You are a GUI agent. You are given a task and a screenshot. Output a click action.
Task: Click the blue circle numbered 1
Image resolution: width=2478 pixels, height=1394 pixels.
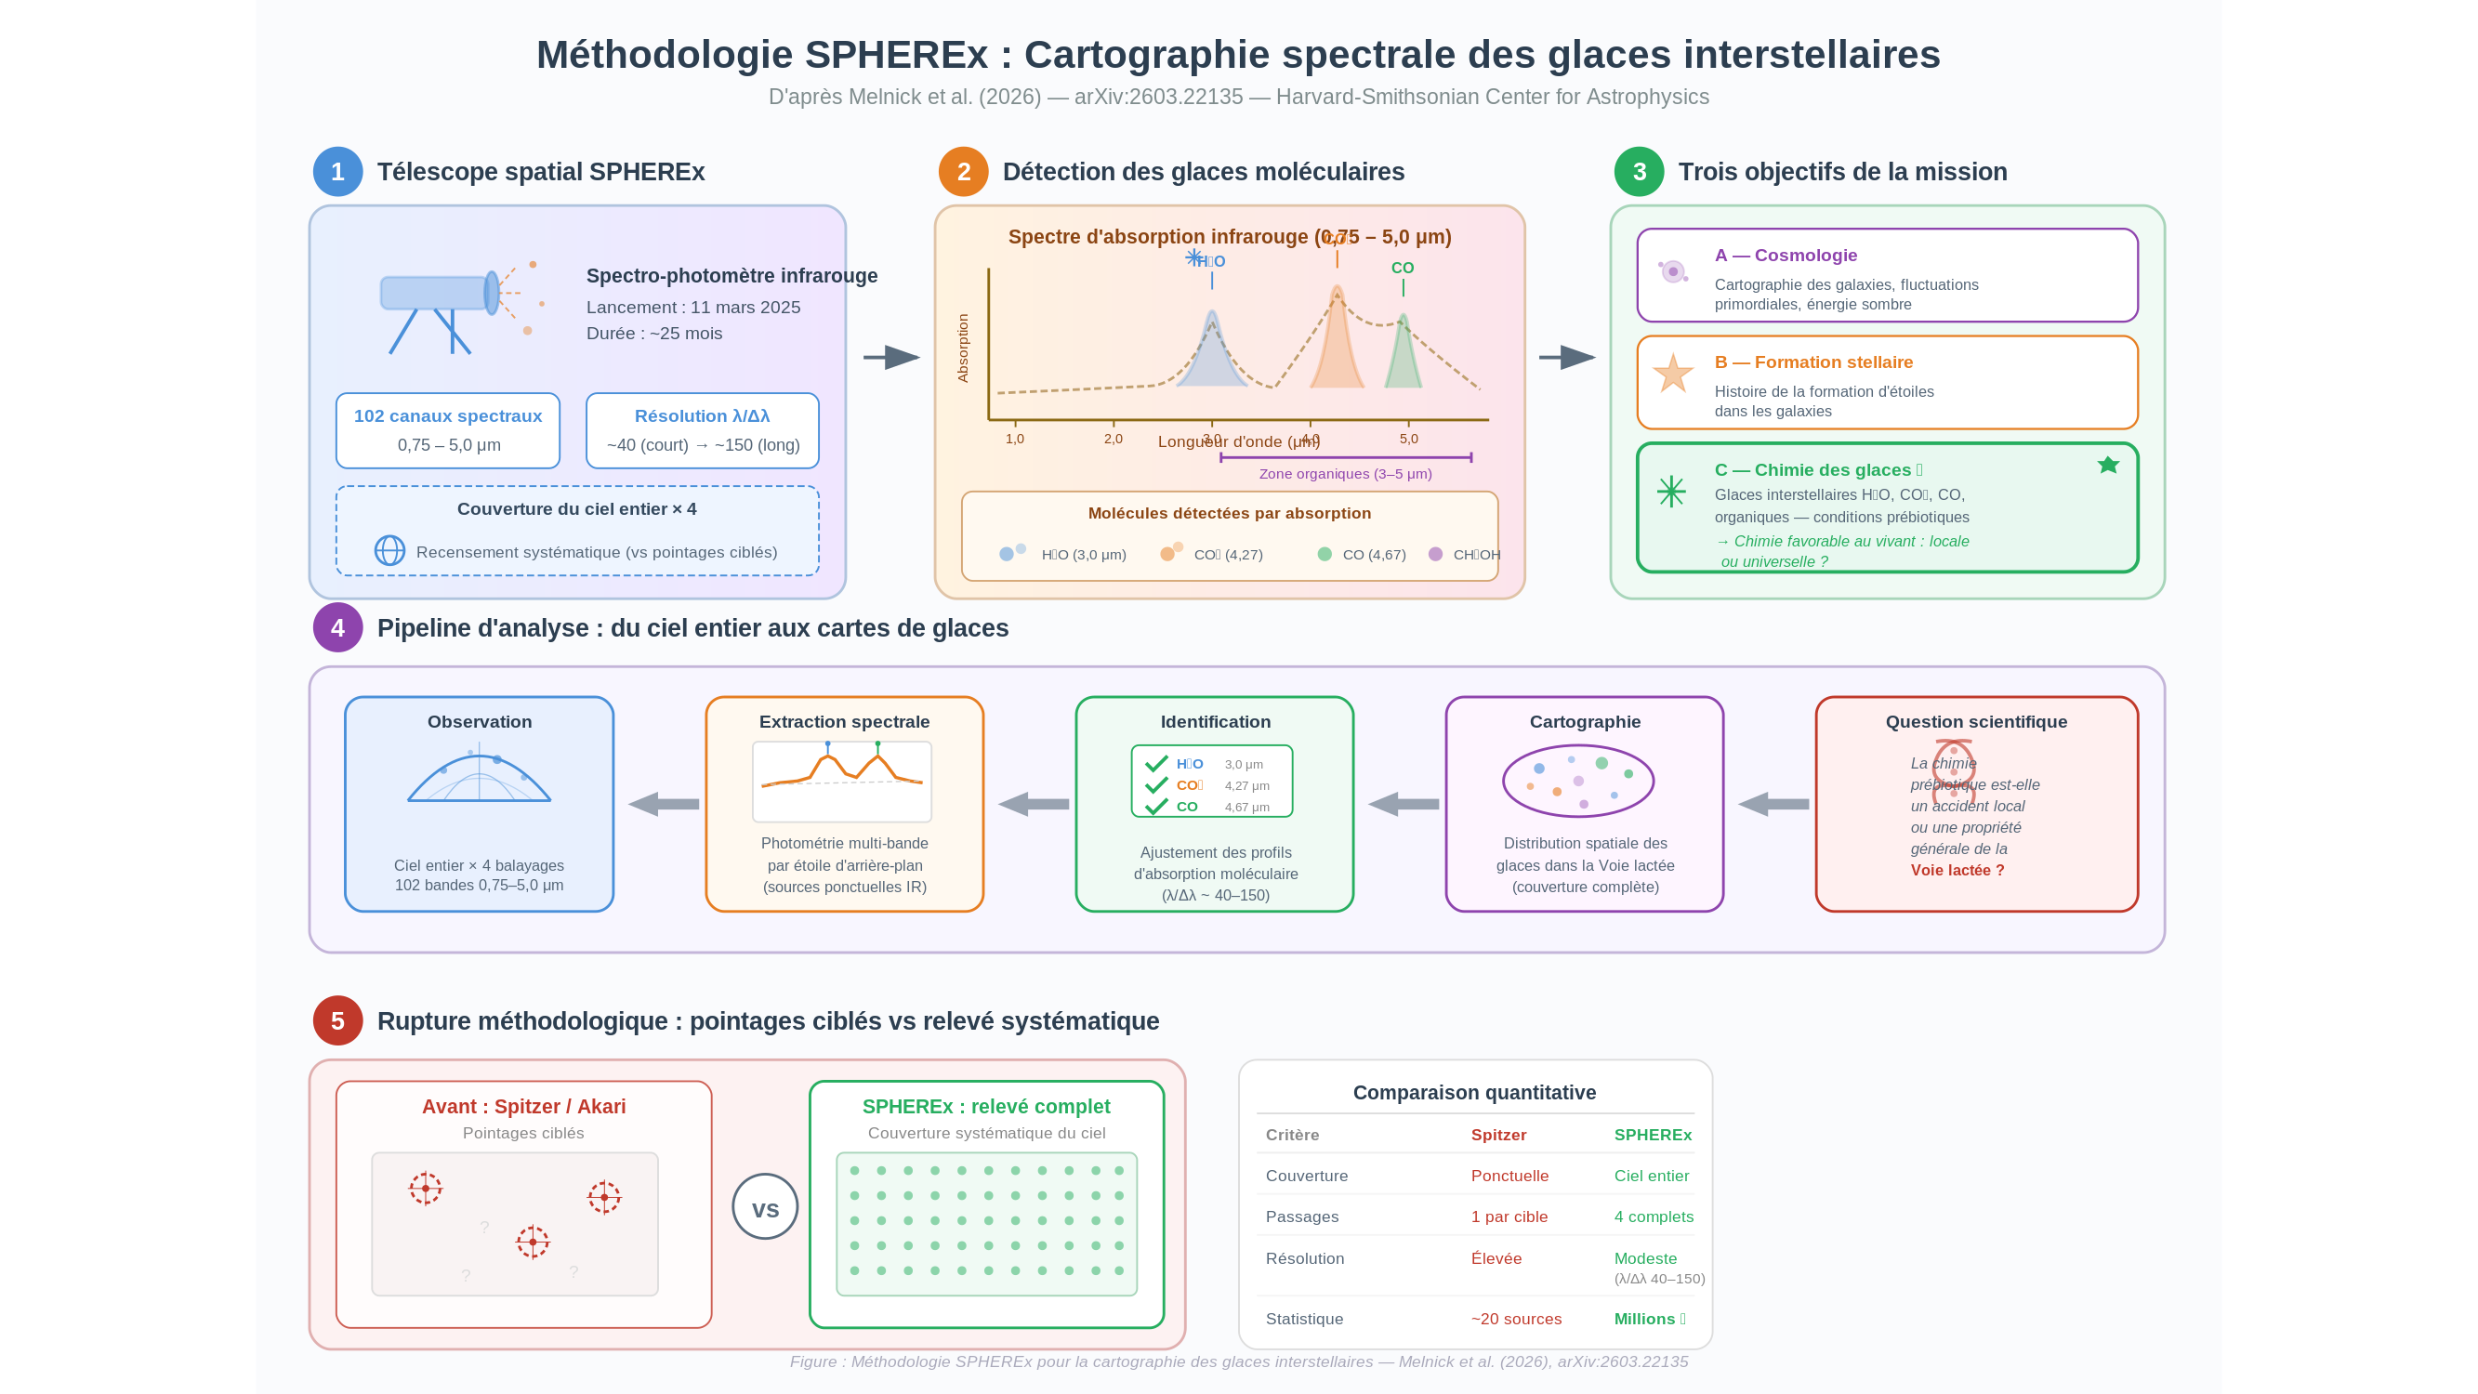pyautogui.click(x=337, y=172)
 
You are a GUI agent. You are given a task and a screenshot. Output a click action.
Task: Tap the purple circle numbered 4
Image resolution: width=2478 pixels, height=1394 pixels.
pyautogui.click(x=337, y=628)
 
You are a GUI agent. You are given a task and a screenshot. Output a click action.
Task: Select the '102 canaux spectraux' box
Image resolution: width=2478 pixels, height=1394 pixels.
pyautogui.click(x=448, y=430)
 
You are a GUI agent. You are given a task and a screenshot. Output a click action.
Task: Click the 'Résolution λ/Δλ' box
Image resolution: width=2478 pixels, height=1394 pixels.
pyautogui.click(x=703, y=430)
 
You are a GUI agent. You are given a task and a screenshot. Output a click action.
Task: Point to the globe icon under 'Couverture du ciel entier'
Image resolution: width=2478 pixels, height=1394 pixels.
pyautogui.click(x=389, y=550)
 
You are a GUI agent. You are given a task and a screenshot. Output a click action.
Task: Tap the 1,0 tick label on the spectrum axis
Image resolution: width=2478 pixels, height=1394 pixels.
pyautogui.click(x=1015, y=439)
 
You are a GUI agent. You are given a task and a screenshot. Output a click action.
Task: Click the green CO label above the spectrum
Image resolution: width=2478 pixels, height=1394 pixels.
pyautogui.click(x=1403, y=269)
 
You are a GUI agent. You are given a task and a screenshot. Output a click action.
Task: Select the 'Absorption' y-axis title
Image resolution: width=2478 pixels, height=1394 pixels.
pyautogui.click(x=963, y=348)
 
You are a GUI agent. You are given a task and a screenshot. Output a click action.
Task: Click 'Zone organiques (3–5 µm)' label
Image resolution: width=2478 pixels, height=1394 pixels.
pyautogui.click(x=1345, y=474)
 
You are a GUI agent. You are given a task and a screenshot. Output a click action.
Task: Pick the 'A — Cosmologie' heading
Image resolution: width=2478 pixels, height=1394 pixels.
pyautogui.click(x=1786, y=256)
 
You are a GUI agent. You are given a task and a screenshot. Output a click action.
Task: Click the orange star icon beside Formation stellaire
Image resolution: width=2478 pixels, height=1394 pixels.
pyautogui.click(x=1673, y=374)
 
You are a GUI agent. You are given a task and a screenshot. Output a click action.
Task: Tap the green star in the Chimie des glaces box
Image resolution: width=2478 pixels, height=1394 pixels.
pyautogui.click(x=2108, y=466)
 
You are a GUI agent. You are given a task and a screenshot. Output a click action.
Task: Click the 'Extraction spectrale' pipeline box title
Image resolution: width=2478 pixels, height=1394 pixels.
pyautogui.click(x=844, y=721)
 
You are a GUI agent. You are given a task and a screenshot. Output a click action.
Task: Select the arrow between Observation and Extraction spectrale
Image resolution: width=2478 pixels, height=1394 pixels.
pyautogui.click(x=664, y=804)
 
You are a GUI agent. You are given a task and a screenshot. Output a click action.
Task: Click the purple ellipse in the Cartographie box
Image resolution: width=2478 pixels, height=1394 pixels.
pyautogui.click(x=1577, y=781)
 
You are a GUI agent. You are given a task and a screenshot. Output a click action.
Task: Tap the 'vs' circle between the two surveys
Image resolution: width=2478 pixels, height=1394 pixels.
pyautogui.click(x=765, y=1206)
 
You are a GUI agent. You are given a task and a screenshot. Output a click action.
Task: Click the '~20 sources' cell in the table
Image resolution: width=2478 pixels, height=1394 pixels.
pyautogui.click(x=1516, y=1319)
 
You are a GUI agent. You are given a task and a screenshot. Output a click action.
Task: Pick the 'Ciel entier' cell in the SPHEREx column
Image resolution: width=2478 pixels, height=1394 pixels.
pyautogui.click(x=1651, y=1176)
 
